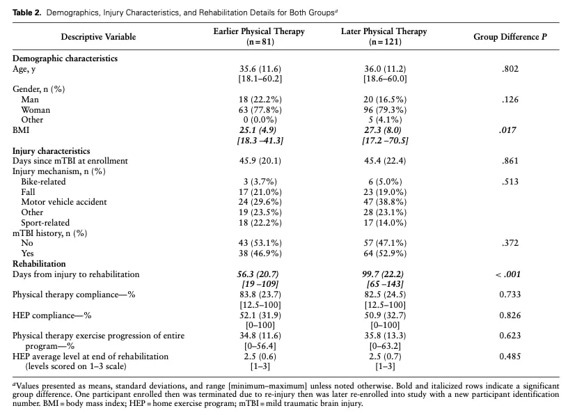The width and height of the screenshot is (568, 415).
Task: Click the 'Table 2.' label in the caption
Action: (x=27, y=13)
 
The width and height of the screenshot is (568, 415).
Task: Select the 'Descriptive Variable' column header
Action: (x=98, y=37)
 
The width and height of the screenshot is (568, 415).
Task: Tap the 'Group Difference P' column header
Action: (x=510, y=37)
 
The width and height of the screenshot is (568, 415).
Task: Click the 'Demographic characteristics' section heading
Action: (x=65, y=58)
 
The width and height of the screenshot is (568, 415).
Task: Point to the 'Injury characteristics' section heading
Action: (x=51, y=151)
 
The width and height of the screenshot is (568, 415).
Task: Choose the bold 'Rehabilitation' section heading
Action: (x=39, y=263)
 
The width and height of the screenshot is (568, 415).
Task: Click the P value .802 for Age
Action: (x=510, y=69)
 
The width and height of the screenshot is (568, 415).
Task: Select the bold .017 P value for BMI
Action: (x=507, y=130)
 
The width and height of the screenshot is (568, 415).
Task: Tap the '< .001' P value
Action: (x=508, y=274)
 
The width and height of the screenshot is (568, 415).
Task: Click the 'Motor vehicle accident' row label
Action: (x=64, y=202)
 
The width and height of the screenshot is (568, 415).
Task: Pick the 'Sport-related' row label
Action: (x=45, y=223)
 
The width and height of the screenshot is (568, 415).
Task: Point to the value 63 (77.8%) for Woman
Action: (x=260, y=110)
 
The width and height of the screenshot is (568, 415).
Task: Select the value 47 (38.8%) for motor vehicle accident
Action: (x=385, y=202)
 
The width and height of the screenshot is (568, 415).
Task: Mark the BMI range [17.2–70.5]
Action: (x=385, y=140)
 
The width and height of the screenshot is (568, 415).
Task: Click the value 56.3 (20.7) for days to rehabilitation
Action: (x=258, y=274)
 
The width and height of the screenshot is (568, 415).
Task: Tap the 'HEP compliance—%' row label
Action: (x=52, y=315)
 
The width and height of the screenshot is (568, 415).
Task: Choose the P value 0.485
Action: (x=510, y=357)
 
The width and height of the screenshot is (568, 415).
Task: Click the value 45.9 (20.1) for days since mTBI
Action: (x=260, y=161)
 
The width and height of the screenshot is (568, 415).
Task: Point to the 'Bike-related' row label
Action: (x=43, y=182)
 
